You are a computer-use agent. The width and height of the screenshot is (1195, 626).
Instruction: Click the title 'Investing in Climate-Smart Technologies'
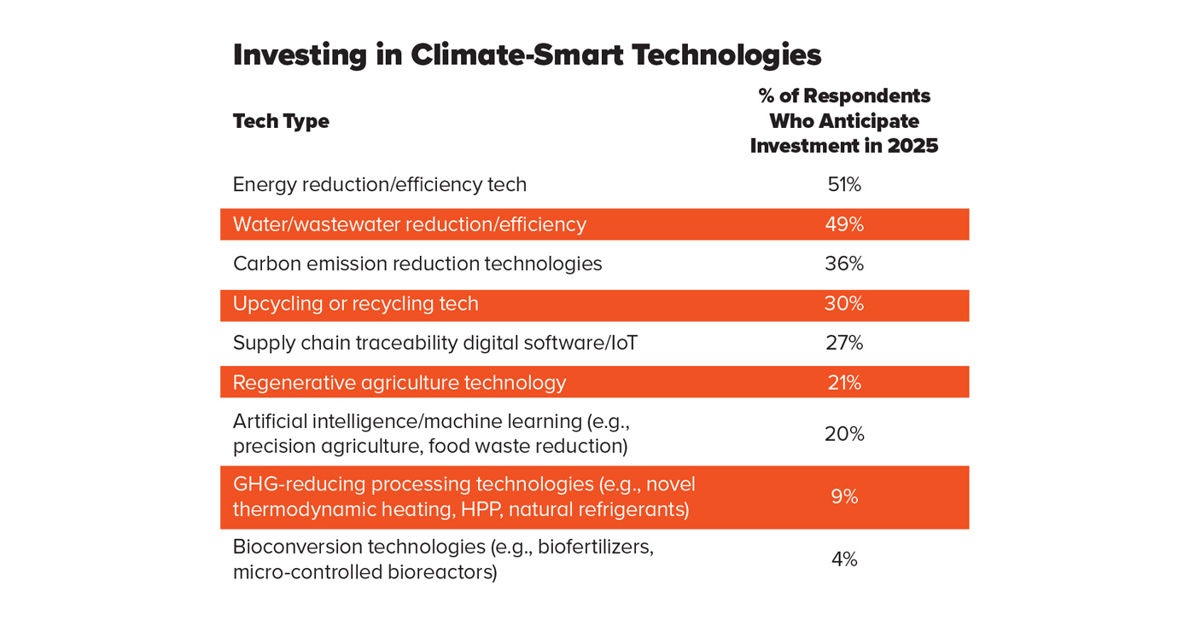tap(527, 55)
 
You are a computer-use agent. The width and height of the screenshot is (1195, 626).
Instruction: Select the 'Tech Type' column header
tap(281, 121)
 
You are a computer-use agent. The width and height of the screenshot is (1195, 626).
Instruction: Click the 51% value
tap(843, 184)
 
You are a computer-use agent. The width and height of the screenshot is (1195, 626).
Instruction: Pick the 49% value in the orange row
tap(843, 224)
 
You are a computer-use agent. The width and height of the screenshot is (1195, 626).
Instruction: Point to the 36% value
tap(843, 264)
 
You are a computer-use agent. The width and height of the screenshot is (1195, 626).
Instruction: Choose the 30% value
tap(843, 304)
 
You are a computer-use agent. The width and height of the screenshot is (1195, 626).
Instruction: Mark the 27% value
tap(843, 343)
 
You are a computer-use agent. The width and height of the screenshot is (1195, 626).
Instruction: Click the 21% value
tap(843, 383)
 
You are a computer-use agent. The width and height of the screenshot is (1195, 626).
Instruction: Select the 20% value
tap(843, 434)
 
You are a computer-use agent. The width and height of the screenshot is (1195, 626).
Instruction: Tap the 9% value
tap(843, 496)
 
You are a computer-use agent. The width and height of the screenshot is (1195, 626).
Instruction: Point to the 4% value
tap(843, 559)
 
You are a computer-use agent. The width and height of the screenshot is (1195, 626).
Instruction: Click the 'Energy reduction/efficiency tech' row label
tap(379, 184)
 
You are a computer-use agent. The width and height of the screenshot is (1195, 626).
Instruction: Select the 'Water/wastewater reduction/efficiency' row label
tap(409, 224)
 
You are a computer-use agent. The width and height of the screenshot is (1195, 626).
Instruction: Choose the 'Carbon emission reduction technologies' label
tap(417, 264)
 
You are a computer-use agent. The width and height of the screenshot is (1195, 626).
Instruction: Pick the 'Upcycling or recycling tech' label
tap(355, 304)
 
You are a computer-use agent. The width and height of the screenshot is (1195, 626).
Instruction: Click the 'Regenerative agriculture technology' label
tap(399, 383)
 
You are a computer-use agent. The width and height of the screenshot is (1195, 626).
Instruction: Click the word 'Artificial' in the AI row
tap(269, 421)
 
